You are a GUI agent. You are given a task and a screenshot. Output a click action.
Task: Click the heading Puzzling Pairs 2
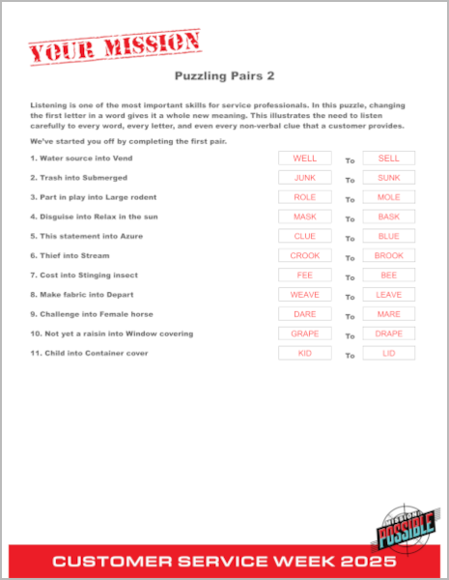click(224, 74)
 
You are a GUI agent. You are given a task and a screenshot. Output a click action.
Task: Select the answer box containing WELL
click(304, 159)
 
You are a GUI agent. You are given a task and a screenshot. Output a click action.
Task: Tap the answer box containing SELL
click(388, 159)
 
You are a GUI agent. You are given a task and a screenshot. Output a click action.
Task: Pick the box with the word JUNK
click(304, 178)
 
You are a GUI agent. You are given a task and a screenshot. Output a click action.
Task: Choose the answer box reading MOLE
click(388, 197)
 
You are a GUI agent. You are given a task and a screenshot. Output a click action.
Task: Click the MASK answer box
click(304, 217)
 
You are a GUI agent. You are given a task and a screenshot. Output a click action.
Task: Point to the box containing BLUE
click(388, 236)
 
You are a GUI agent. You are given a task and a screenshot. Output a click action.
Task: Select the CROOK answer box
click(304, 255)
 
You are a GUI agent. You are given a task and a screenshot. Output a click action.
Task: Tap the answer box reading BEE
click(388, 275)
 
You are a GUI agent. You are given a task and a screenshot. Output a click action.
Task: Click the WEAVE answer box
click(304, 295)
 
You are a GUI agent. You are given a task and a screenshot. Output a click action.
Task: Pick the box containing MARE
click(388, 314)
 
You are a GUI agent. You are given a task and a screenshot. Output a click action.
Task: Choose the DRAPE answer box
click(388, 333)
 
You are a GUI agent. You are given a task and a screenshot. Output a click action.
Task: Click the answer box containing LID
click(388, 353)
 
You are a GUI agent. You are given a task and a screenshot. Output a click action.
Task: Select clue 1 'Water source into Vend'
click(85, 159)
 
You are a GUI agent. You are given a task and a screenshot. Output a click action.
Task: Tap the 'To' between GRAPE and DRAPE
click(351, 335)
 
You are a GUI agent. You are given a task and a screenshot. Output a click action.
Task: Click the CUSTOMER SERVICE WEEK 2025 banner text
click(224, 561)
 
